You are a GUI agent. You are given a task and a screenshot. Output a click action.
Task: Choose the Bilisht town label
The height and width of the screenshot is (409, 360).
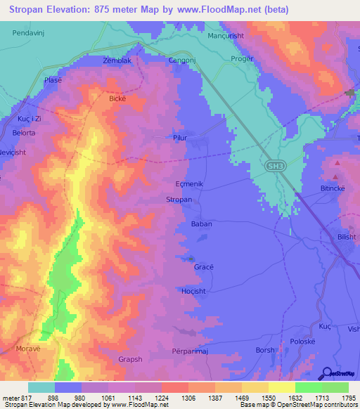[x=347, y=238]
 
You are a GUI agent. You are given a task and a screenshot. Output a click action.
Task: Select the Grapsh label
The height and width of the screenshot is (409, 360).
[x=129, y=359]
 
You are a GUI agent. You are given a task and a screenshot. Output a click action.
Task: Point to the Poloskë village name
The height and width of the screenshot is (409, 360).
[x=304, y=342]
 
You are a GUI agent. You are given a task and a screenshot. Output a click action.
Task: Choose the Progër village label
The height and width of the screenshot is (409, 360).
[x=240, y=60]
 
